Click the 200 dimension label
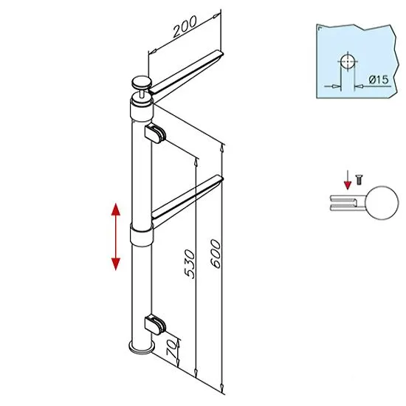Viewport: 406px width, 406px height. [185, 26]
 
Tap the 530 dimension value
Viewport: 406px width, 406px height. [189, 264]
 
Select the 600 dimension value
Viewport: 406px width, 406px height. [216, 253]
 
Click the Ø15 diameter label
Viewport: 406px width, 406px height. [379, 80]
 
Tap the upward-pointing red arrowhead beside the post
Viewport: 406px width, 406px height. [115, 210]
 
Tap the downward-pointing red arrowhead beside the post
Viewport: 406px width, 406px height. [115, 264]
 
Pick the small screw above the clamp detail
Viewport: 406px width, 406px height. [359, 179]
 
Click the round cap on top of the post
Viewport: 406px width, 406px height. [141, 83]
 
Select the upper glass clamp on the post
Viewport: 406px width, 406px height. [155, 134]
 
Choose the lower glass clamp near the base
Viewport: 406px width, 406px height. [155, 325]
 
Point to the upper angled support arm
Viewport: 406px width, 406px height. [186, 72]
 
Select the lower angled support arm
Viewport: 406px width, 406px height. [187, 199]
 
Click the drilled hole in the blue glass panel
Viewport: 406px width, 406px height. [347, 62]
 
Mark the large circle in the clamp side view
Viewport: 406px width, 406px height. [382, 203]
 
